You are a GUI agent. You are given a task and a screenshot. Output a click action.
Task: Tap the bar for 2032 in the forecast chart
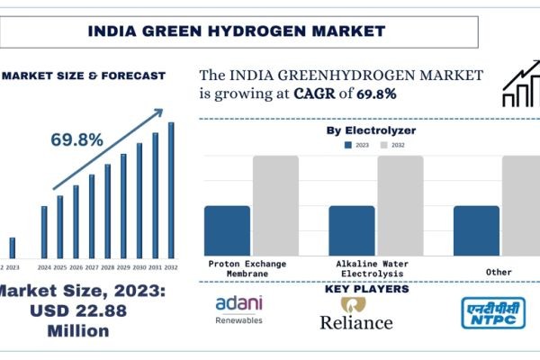pyautogui.click(x=171, y=191)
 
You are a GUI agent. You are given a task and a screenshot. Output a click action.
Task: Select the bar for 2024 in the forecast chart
pyautogui.click(x=43, y=232)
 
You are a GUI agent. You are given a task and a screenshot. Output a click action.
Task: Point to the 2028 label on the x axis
pyautogui.click(x=107, y=267)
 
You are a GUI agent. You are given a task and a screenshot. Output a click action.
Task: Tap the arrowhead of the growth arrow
pyautogui.click(x=158, y=113)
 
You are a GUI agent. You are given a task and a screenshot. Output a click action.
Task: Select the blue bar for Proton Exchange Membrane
pyautogui.click(x=227, y=230)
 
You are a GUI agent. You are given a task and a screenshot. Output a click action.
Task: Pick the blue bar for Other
pyautogui.click(x=476, y=230)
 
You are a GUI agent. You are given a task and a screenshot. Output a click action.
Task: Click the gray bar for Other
pyautogui.click(x=521, y=205)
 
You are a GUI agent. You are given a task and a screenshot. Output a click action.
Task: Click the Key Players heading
pyautogui.click(x=365, y=289)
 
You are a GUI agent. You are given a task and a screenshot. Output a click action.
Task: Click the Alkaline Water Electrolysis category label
pyautogui.click(x=364, y=268)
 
